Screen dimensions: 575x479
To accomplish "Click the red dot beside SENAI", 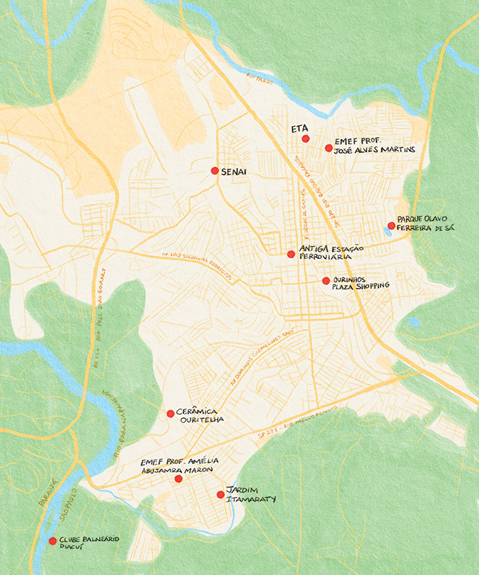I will pos(215,170).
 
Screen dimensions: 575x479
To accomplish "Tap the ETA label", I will pos(300,128).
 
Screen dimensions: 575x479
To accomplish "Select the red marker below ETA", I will pos(306,139).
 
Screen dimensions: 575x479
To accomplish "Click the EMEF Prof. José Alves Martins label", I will pos(374,145).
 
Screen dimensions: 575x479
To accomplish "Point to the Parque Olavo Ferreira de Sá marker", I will pos(391,225).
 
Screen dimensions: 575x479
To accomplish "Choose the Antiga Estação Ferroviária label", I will pos(331,252).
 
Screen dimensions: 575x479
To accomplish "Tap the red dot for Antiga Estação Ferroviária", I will pos(291,254).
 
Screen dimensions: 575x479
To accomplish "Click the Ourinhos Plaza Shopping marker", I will pos(326,280).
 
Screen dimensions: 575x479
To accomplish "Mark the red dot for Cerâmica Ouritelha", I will pos(170,413).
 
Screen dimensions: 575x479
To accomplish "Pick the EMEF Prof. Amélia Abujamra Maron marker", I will pos(179,479).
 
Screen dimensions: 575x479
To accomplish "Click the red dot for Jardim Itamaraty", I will pos(220,494).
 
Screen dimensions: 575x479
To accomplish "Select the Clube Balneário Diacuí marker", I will pos(53,541).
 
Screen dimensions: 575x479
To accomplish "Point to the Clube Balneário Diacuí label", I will pos(89,543).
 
